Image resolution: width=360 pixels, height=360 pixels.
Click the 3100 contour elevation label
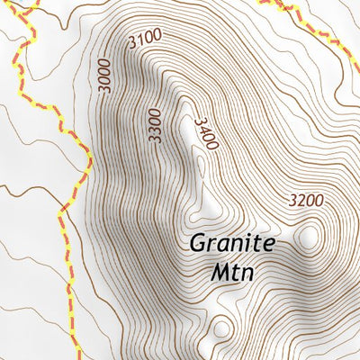(x=145, y=39)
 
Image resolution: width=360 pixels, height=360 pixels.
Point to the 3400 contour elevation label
(x=206, y=133)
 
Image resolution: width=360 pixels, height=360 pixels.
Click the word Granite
(x=232, y=243)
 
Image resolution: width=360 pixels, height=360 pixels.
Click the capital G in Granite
(x=196, y=243)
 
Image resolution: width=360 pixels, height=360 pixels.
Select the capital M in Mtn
(x=220, y=271)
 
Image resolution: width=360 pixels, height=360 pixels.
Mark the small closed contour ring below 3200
(x=310, y=237)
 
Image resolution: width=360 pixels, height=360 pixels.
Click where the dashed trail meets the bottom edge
(x=76, y=356)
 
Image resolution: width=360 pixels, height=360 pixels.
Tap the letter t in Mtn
(x=236, y=271)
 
